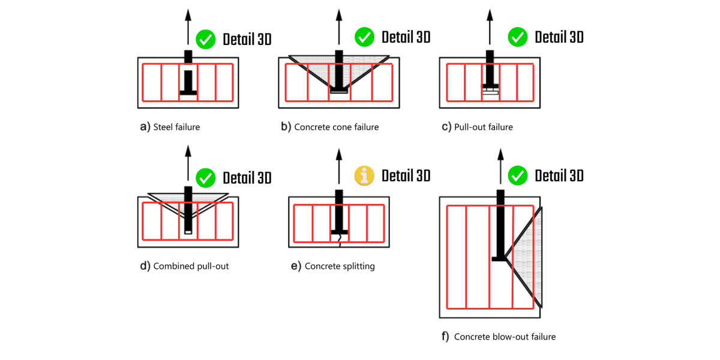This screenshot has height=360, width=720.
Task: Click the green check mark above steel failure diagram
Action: coord(206,39)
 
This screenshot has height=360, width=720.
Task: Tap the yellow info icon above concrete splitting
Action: coord(364,176)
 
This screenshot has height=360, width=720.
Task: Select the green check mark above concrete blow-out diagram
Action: coord(517,176)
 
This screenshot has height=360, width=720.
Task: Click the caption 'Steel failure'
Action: coord(176,127)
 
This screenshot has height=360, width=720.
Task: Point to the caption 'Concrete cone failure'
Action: coord(336,127)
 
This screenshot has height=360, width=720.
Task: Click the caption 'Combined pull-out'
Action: coord(191,266)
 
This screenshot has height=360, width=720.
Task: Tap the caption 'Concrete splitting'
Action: coord(340,266)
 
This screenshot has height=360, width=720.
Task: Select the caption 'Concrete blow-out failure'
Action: coord(505,337)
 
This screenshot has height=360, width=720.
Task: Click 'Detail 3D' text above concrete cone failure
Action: coord(406,37)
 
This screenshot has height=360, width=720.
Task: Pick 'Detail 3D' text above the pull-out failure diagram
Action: coord(559,37)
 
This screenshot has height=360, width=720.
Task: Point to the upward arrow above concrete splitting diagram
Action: coord(339,165)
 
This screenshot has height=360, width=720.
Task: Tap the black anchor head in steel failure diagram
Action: coord(188,92)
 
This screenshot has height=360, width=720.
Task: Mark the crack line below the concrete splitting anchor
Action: coord(340,239)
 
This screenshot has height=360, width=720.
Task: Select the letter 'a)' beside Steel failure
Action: coord(145,127)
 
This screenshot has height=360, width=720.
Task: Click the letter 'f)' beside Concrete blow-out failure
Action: coord(445,337)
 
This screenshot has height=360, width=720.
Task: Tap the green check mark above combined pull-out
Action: coord(206,178)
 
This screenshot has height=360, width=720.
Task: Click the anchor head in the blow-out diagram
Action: coord(499,259)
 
